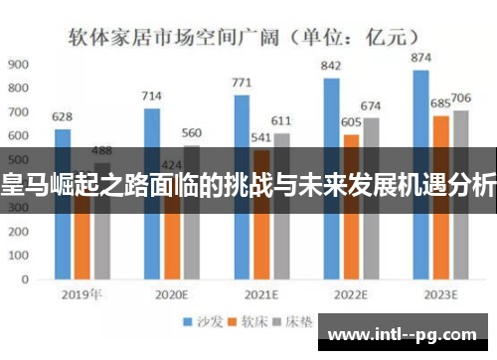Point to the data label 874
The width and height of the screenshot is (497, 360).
pos(420,59)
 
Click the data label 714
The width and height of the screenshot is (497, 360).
pos(151,95)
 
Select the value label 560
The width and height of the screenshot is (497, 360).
pos(192,132)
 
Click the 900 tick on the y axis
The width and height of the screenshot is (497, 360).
pos(18,64)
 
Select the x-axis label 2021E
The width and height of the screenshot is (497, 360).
pos(262,295)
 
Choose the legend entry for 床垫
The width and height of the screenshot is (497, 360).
pos(292,322)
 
